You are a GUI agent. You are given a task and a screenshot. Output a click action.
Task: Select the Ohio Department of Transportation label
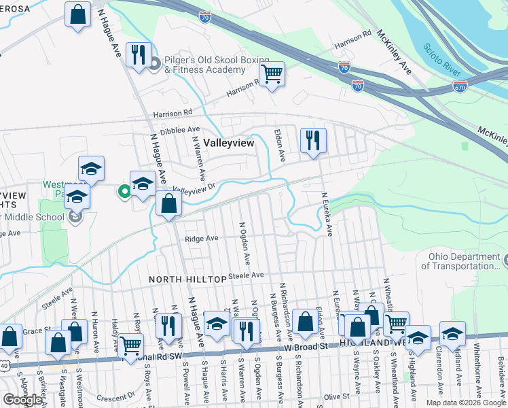coord(463,261)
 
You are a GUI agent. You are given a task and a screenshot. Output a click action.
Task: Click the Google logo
coord(22,399)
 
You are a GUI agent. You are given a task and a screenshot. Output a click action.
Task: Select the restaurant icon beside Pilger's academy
coord(139,54)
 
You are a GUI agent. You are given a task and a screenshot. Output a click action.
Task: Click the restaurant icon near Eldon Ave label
coord(313,140)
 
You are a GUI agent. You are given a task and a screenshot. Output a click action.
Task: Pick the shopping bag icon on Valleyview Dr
coord(168,203)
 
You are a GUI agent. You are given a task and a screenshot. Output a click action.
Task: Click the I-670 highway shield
coord(460,87)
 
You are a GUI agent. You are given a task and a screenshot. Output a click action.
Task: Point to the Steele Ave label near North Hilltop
coord(246,275)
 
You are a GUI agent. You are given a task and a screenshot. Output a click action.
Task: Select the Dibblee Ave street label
coord(180,129)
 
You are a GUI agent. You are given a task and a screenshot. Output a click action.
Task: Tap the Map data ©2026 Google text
coord(465,403)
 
